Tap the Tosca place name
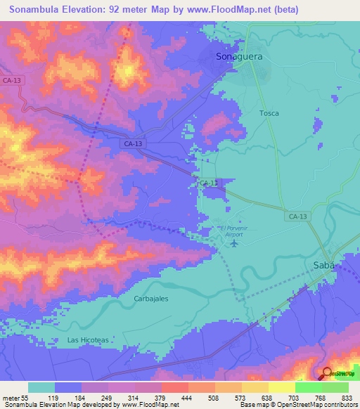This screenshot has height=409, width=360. (269, 113)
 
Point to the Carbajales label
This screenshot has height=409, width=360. (151, 298)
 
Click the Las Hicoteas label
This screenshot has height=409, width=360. (88, 339)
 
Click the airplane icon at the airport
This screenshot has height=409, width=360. (233, 244)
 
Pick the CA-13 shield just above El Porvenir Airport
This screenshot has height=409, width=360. (209, 183)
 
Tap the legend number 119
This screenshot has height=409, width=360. (53, 398)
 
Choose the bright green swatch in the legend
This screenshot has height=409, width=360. (308, 387)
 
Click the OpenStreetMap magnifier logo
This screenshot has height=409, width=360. (328, 373)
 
